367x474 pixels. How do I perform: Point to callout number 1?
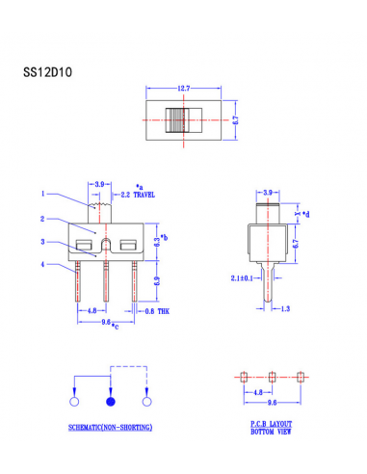tap(43, 194)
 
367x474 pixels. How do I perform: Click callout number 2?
tap(43, 219)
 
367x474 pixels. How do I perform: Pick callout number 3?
tap(43, 241)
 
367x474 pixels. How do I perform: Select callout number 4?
tap(43, 264)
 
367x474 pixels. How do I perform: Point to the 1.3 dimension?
tap(286, 309)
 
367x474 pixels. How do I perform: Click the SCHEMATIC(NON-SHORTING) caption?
tap(111, 427)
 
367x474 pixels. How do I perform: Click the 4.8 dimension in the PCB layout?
tap(258, 392)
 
